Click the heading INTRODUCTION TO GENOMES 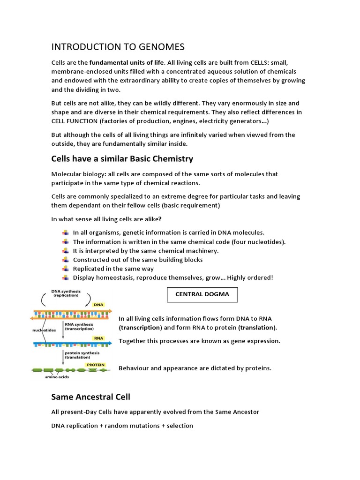[x=118, y=47]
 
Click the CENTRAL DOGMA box [x=202, y=295]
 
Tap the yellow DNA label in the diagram [x=98, y=305]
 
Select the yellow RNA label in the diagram [x=98, y=337]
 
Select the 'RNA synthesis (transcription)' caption [x=79, y=326]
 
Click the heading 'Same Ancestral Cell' [x=90, y=397]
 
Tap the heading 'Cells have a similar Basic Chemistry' [x=122, y=159]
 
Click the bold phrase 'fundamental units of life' [x=127, y=63]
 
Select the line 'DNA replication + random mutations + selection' [x=122, y=426]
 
